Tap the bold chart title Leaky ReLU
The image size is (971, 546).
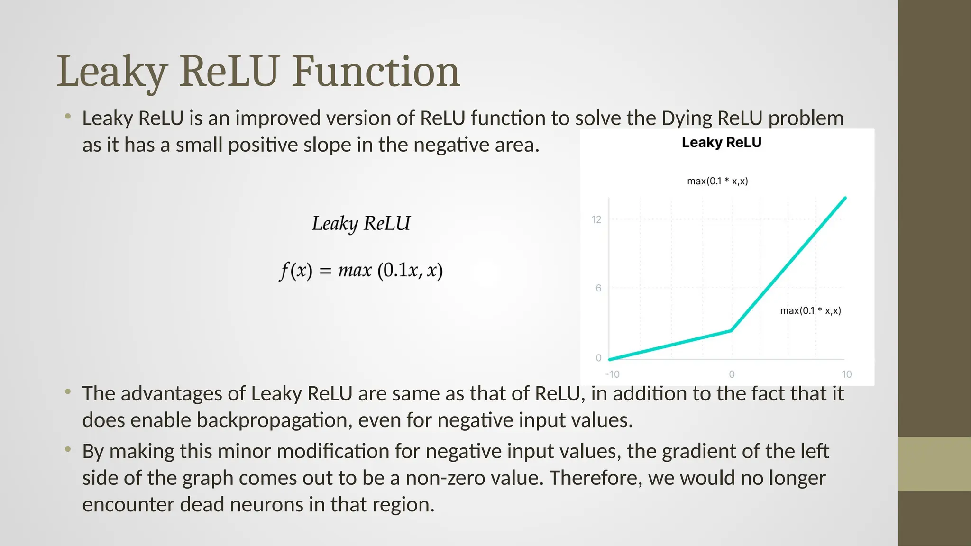(x=721, y=142)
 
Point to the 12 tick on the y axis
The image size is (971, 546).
(x=596, y=219)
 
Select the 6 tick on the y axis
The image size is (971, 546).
(x=598, y=288)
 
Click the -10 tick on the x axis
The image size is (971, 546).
(x=612, y=374)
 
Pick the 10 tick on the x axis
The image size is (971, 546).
(x=846, y=374)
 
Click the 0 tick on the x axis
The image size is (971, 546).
(x=732, y=374)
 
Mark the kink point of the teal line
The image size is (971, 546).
(x=732, y=330)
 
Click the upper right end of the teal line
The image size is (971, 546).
(x=845, y=198)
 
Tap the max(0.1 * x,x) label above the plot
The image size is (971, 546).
(x=717, y=181)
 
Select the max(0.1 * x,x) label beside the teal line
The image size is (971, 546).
(x=810, y=311)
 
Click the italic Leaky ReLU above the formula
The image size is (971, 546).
(x=361, y=223)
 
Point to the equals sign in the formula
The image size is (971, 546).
(x=325, y=271)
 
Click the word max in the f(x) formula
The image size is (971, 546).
(x=354, y=271)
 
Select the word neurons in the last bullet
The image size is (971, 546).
(x=267, y=504)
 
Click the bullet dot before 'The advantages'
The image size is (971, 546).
(x=68, y=391)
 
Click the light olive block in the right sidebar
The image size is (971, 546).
(x=934, y=464)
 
